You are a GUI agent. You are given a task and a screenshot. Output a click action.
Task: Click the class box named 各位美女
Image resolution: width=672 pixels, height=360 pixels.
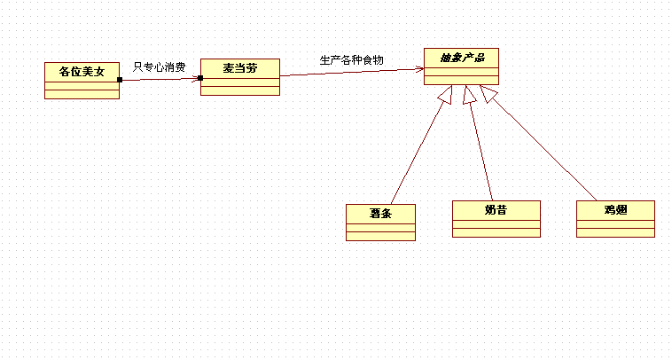(x=82, y=81)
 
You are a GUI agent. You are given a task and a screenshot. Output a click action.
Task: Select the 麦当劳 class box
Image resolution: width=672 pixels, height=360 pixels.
(x=239, y=77)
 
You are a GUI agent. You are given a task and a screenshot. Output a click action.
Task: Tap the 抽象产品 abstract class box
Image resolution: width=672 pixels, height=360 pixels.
(x=461, y=67)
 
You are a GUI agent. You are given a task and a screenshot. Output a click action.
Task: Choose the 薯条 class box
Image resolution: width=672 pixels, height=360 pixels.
(x=380, y=223)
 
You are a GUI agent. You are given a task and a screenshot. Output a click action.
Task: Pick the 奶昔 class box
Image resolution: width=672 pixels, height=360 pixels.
(x=496, y=219)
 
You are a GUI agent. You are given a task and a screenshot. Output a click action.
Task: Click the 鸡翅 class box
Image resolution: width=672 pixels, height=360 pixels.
(x=615, y=219)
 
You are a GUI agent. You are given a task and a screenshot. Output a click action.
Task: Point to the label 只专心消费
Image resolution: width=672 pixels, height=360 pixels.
(x=159, y=67)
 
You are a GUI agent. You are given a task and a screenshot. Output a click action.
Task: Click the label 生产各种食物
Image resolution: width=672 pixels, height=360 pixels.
(x=351, y=60)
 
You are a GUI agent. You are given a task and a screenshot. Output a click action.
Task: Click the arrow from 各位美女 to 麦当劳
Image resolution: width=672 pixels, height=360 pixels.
(x=160, y=79)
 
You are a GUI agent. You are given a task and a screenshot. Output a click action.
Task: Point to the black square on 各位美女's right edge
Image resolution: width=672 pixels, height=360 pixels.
(x=120, y=80)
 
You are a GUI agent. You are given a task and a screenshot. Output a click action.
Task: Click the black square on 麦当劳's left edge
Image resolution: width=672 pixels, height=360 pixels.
(x=201, y=78)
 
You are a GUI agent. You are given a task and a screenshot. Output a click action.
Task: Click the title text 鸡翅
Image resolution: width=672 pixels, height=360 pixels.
(x=615, y=210)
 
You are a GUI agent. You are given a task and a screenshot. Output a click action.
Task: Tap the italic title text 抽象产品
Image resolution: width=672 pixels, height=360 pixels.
(x=461, y=58)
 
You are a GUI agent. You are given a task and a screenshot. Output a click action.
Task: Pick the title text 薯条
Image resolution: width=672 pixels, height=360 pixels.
(x=380, y=213)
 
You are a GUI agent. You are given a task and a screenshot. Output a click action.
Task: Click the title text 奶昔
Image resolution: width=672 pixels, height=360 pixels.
(x=496, y=210)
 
